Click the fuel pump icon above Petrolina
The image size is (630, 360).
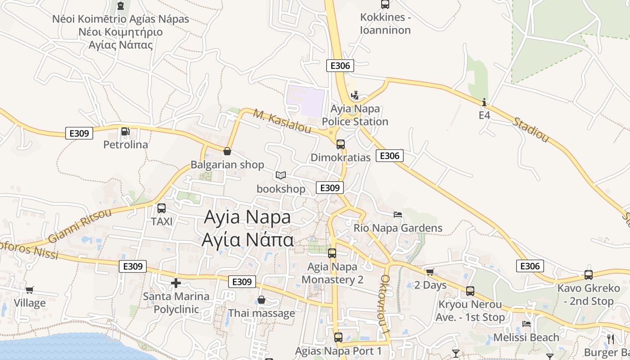[125, 131]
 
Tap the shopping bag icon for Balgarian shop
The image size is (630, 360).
[227, 151]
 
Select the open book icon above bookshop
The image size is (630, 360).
[281, 175]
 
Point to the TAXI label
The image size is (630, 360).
[162, 221]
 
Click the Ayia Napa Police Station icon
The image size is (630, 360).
[355, 95]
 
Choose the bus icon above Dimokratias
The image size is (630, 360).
[341, 144]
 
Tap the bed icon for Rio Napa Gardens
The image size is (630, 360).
[398, 214]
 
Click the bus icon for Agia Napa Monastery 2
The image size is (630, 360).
[332, 253]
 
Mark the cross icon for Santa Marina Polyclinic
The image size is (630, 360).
[176, 283]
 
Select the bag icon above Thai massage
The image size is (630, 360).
[261, 300]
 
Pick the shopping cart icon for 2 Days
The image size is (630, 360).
[430, 272]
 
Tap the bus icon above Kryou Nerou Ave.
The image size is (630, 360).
[470, 291]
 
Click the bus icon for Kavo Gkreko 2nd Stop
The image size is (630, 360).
[589, 274]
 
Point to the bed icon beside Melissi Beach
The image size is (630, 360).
[526, 324]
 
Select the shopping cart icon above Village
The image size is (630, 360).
[30, 290]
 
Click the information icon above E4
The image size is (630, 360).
[484, 102]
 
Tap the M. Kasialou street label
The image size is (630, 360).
[282, 121]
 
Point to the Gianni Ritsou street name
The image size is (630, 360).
[79, 225]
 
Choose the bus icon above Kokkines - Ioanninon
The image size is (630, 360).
[385, 4]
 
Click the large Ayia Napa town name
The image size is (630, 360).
[247, 217]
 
